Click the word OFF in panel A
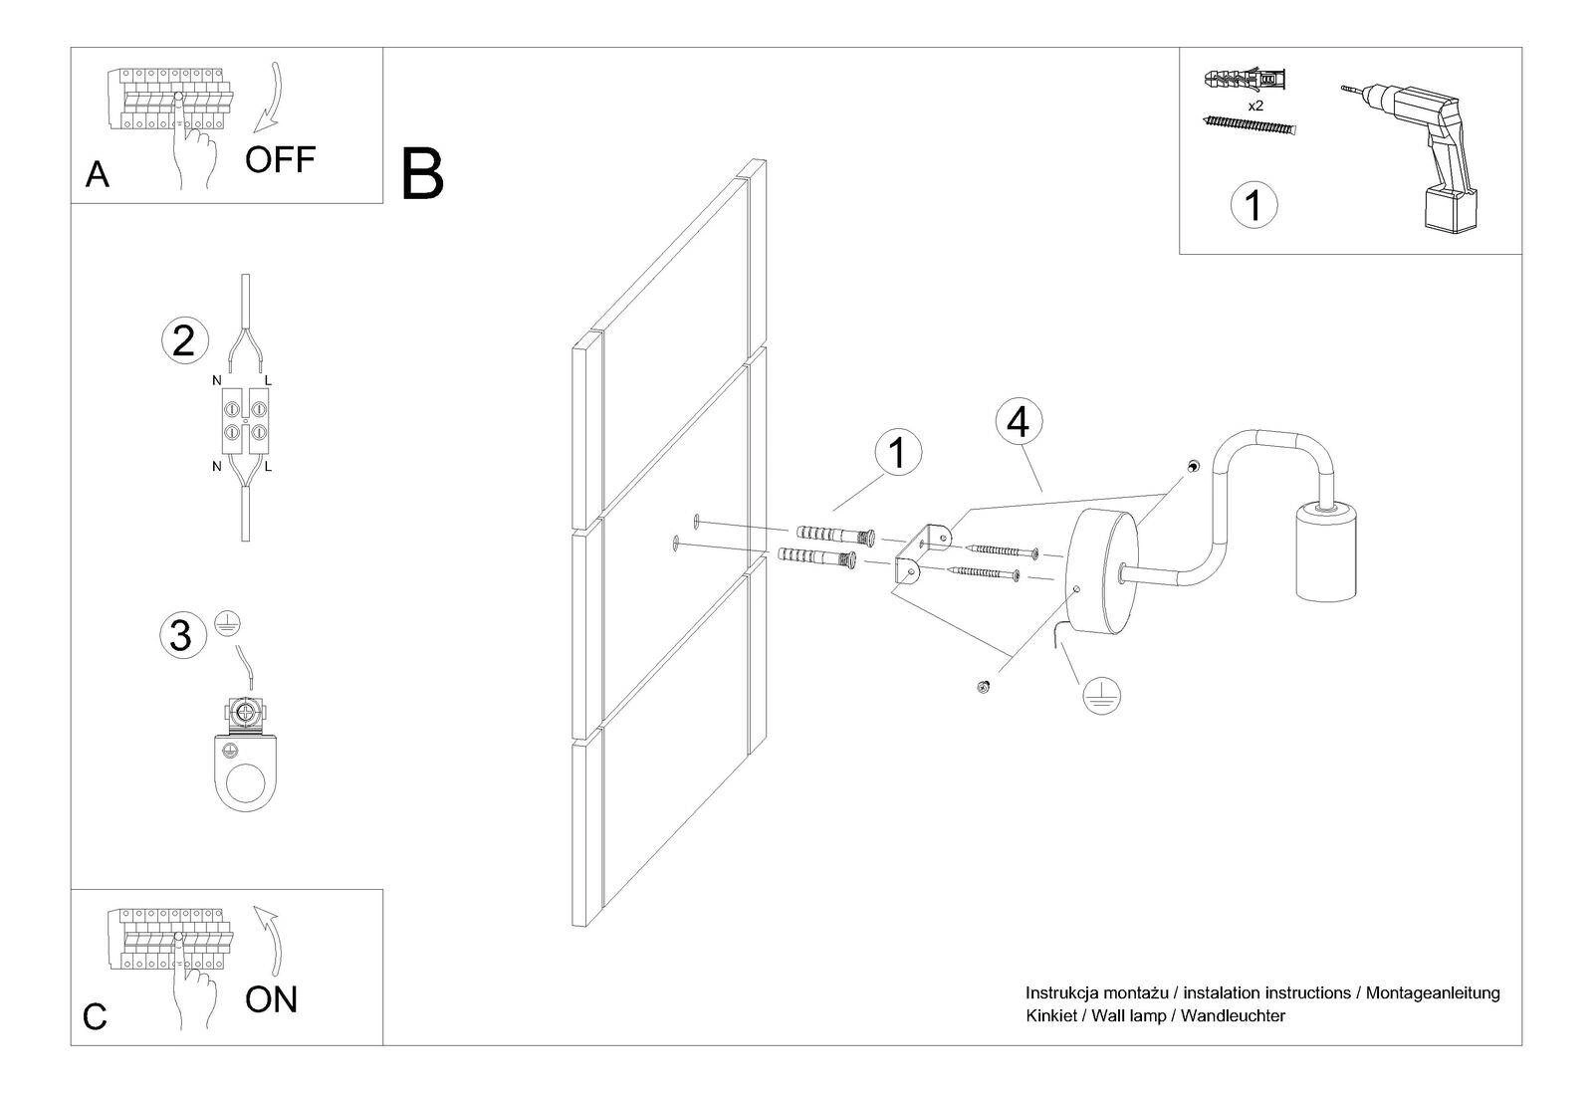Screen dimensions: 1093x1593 coord(280,159)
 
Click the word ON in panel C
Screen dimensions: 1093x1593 coord(271,999)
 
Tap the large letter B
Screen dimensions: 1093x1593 coord(421,175)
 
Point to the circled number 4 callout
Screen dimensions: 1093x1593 coord(1018,423)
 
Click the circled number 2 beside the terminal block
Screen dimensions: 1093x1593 coord(184,340)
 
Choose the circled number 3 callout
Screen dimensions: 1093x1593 coord(181,634)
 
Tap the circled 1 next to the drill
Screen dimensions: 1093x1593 coord(1253,205)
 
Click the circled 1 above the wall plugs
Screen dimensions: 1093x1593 coord(897,453)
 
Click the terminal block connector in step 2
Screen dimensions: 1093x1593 coord(245,418)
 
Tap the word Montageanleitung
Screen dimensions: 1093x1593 coord(1433,992)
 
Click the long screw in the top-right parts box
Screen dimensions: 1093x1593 coord(1252,126)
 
